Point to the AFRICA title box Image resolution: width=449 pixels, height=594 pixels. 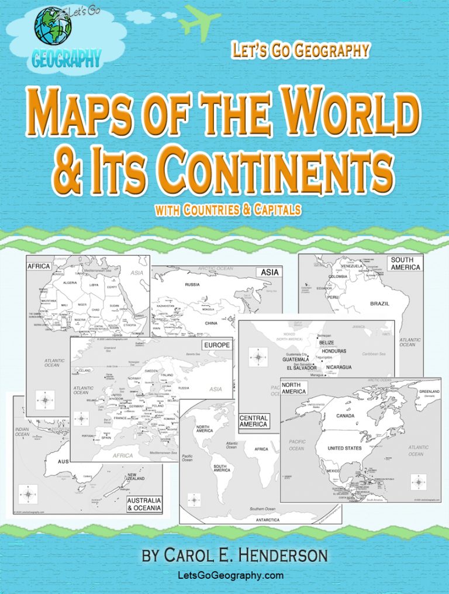(x=39, y=266)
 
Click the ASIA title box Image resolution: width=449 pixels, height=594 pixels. (x=269, y=272)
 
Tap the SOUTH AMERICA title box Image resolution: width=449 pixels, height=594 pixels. (x=405, y=263)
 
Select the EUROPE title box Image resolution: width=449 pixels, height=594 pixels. (x=216, y=346)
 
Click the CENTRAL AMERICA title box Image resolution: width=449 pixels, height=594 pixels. (x=254, y=422)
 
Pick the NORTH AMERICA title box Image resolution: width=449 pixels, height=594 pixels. (x=293, y=388)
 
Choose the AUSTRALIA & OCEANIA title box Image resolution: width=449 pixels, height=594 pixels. (x=144, y=504)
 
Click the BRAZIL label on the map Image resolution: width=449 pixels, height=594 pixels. (x=380, y=303)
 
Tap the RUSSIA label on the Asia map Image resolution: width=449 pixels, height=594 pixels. (x=192, y=285)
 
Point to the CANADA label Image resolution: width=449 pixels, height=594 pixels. (x=346, y=416)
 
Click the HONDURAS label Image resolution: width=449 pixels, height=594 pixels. (x=333, y=351)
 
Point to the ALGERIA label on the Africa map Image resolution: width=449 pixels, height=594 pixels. (x=70, y=282)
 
